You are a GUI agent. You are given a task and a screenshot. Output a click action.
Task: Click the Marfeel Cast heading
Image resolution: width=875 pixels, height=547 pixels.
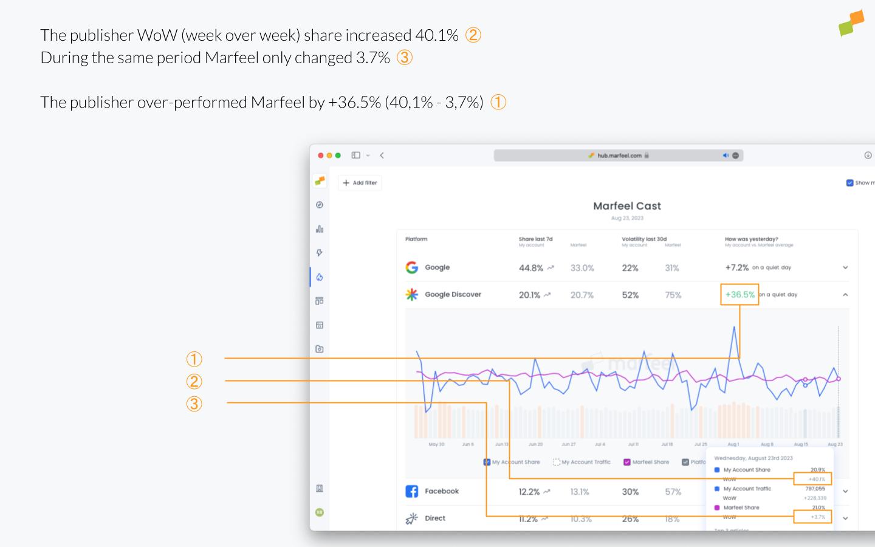(x=626, y=206)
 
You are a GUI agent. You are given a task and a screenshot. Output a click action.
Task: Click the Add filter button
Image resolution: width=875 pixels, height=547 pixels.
(x=360, y=182)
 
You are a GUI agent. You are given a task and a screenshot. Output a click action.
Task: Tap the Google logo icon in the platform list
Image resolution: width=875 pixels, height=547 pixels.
(x=411, y=267)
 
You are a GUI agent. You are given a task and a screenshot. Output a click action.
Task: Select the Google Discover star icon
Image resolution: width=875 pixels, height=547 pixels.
(x=411, y=295)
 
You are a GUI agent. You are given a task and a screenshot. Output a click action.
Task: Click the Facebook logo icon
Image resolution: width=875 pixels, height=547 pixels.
(x=411, y=491)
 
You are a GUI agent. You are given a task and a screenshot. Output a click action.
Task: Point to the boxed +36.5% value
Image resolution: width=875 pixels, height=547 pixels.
(x=739, y=294)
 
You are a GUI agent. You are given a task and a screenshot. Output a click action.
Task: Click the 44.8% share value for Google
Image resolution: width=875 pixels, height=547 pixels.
(x=530, y=268)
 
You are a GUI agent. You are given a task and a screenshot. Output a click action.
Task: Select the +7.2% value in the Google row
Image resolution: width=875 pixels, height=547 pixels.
(x=736, y=267)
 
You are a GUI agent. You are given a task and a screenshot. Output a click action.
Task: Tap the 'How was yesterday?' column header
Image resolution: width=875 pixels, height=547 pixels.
(x=751, y=239)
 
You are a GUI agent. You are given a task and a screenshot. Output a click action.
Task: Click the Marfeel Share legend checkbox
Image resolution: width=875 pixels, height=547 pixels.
(x=627, y=462)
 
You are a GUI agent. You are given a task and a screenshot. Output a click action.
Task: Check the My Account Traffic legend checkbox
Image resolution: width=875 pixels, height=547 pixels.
(x=557, y=462)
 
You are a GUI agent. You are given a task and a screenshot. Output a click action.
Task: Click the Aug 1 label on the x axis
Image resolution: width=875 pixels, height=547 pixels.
(x=733, y=444)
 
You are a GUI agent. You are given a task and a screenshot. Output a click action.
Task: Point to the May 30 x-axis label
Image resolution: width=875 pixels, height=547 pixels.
(x=436, y=444)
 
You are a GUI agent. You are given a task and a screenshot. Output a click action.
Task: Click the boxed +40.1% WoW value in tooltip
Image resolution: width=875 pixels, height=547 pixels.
(x=812, y=479)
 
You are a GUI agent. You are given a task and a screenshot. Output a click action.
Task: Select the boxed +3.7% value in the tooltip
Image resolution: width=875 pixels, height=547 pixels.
(x=812, y=517)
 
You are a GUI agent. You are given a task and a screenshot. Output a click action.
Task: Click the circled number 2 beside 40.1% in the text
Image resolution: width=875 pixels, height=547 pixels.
(x=473, y=35)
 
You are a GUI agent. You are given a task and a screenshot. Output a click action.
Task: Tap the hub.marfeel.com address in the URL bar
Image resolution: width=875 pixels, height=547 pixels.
(x=619, y=156)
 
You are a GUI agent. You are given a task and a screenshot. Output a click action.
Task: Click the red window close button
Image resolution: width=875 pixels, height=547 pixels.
(x=321, y=156)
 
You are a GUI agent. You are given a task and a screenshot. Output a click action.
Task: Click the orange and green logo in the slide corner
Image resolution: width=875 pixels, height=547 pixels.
(x=851, y=23)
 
